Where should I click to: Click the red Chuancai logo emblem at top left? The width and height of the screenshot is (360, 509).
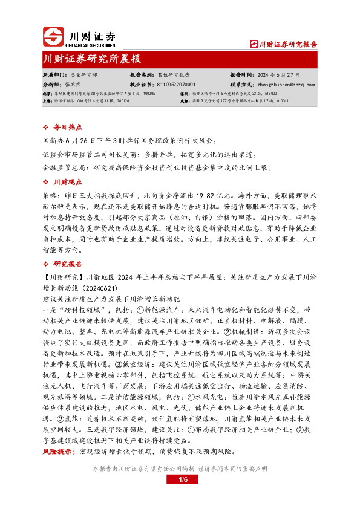[53, 36]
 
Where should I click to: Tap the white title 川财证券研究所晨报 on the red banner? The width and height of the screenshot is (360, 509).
[93, 59]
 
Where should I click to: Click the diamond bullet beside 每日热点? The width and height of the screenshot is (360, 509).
[48, 128]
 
